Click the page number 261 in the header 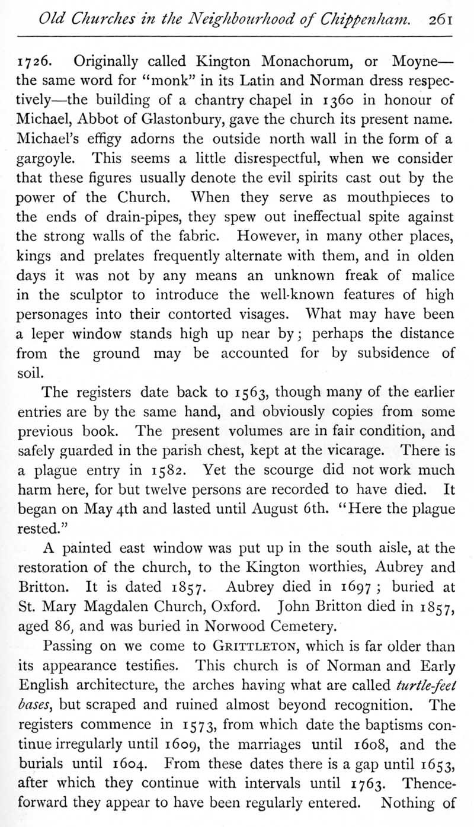click(x=441, y=19)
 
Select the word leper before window click(x=48, y=334)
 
